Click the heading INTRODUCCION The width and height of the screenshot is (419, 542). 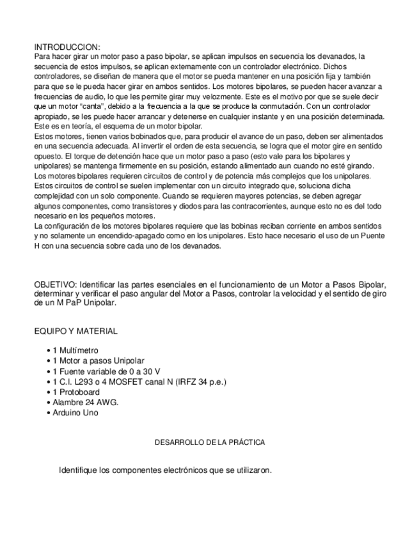[x=67, y=47]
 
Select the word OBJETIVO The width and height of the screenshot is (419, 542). [x=54, y=284]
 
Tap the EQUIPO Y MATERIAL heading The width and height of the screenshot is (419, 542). [x=75, y=331]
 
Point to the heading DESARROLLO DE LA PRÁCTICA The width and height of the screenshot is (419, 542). [x=210, y=442]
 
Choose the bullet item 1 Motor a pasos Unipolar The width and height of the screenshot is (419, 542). [x=98, y=360]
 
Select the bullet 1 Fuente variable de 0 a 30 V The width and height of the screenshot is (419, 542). [x=106, y=371]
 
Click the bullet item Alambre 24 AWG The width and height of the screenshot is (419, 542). [x=85, y=402]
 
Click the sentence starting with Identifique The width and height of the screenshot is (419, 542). [x=166, y=470]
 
